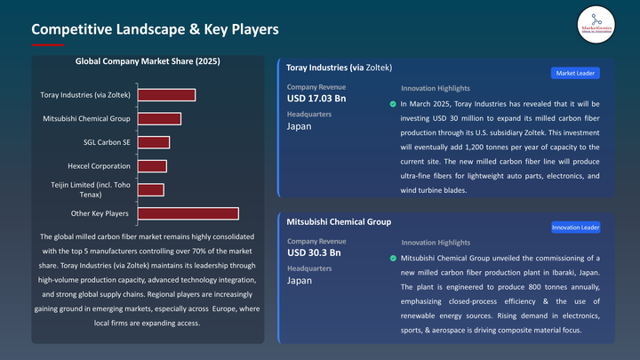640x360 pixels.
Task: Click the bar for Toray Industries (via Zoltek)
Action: point(166,95)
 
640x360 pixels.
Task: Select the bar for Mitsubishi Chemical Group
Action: point(159,118)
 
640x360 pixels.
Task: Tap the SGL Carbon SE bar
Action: point(153,142)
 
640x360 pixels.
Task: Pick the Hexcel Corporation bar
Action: point(152,166)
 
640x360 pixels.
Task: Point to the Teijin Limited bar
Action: point(150,189)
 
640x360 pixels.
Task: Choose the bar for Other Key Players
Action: point(188,213)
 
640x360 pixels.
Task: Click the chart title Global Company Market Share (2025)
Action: point(148,62)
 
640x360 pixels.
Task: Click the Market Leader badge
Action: point(574,73)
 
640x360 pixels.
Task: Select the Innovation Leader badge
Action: point(575,228)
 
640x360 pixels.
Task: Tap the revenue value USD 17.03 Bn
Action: point(316,98)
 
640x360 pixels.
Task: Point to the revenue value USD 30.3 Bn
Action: point(314,252)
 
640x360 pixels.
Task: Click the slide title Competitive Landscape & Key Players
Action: point(156,29)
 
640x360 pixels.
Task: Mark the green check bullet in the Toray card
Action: point(393,105)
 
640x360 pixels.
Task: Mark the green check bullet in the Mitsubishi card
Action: point(393,259)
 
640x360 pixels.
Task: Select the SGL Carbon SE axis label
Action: point(107,142)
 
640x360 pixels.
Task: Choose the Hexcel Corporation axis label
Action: point(99,166)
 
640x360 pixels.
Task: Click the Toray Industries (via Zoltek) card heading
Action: point(339,68)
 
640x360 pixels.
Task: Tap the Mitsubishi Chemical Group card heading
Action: point(339,221)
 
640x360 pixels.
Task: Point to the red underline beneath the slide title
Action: point(48,44)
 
